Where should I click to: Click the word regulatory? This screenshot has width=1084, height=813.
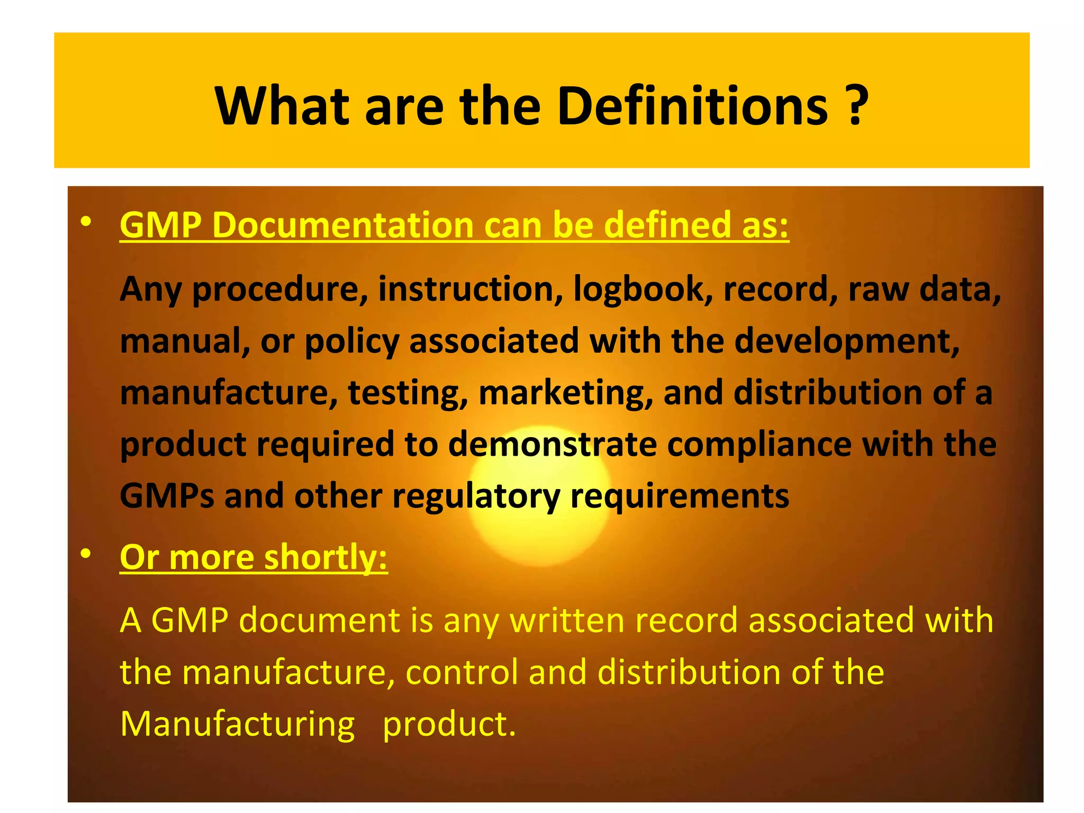476,496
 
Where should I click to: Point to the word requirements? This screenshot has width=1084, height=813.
680,496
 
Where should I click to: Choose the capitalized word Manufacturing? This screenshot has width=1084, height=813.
237,724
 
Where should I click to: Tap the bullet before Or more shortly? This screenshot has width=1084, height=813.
86,554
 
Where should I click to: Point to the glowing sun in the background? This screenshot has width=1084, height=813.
540,495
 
